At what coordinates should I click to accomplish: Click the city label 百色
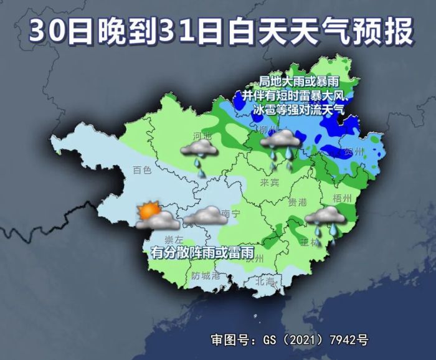[x=142, y=170]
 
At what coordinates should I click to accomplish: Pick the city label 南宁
[x=230, y=213]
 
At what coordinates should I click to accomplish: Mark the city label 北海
[x=265, y=282]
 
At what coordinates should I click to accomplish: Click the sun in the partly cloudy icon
[x=148, y=211]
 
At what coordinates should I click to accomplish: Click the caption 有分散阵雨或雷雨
[x=202, y=253]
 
